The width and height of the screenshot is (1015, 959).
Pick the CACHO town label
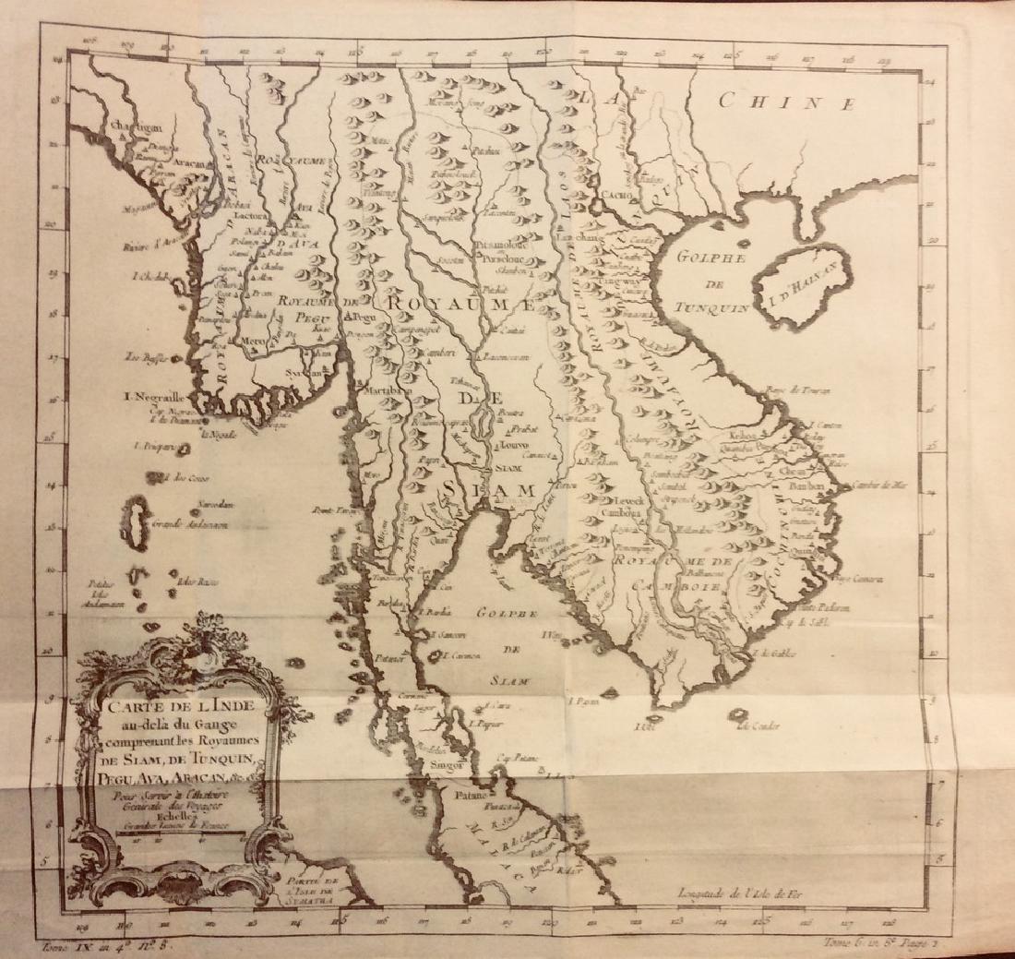(x=617, y=195)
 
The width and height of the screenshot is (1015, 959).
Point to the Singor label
(x=445, y=763)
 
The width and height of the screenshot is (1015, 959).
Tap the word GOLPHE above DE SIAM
(x=498, y=613)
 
